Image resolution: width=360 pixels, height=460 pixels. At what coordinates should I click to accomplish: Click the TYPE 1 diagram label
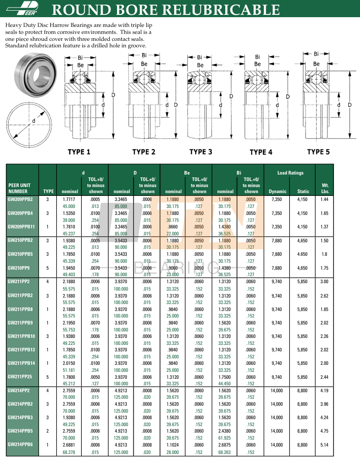coord(79,152)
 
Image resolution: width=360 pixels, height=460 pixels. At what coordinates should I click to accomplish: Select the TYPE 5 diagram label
coord(318,152)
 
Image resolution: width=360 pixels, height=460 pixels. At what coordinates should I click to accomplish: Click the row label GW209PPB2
coord(20,199)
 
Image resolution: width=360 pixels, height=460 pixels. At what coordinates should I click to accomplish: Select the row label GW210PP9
coord(19,268)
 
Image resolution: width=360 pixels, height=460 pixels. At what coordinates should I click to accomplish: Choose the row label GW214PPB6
coord(20,445)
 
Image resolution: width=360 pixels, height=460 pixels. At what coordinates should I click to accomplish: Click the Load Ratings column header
coord(290,173)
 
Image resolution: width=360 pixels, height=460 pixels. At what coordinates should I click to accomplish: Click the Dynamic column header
coord(278,191)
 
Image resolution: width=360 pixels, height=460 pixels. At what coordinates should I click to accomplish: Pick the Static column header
coord(303,191)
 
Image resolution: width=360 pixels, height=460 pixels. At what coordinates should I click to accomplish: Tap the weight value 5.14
coord(324,445)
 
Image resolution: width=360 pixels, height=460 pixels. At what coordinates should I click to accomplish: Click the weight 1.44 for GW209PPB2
coord(324,199)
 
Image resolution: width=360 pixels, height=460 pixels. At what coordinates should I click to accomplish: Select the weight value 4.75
coord(324,431)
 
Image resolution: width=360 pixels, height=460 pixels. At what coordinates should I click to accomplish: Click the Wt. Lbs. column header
coord(325,188)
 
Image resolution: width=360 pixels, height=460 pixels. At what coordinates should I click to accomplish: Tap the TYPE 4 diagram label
coord(261,152)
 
